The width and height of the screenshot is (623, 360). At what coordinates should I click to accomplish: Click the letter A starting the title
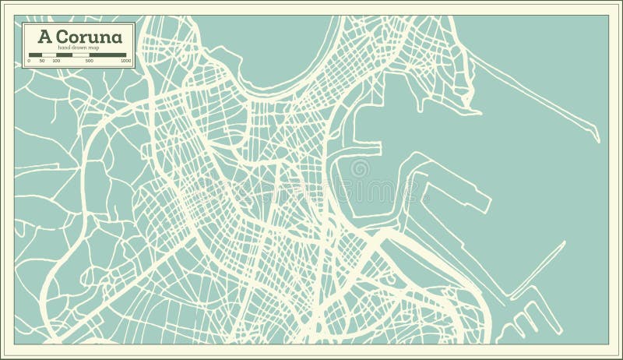coord(35,37)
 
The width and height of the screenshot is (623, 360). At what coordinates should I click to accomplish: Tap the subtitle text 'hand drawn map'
coord(79,49)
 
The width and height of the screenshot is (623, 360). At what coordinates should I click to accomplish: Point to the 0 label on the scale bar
coord(29,60)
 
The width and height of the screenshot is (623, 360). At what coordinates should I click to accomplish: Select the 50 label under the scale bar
coord(43,60)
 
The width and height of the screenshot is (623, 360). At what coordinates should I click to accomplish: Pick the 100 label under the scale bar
coord(57,60)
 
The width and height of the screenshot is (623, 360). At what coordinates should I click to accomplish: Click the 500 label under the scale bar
coord(89,60)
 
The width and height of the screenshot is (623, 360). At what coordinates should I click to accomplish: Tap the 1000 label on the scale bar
coord(125,60)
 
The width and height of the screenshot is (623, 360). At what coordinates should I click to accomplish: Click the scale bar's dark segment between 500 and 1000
coord(108,55)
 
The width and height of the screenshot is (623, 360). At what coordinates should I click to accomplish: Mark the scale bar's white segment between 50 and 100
coord(50,55)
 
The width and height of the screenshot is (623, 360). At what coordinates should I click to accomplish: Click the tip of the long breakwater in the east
coord(597,140)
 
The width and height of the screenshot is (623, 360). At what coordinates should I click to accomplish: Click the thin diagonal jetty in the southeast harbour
coord(537,269)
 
